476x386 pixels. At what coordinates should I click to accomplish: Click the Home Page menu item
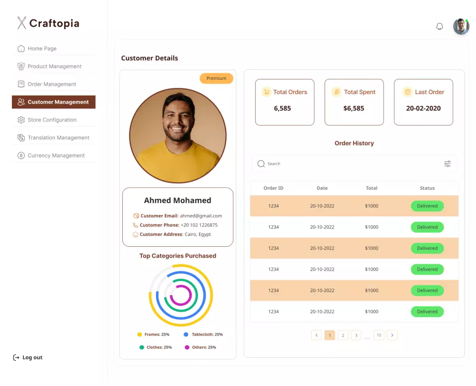tap(42, 48)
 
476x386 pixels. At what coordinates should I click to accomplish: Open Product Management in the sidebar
tap(54, 67)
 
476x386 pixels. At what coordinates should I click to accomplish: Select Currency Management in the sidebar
tap(56, 155)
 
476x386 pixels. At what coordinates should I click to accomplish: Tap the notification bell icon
tap(439, 27)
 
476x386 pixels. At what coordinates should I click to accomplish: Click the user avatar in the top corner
tap(461, 27)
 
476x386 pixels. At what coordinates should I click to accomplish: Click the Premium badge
tap(216, 78)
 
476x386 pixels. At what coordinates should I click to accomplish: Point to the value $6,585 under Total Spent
tap(354, 108)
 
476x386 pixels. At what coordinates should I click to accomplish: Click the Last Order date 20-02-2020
tap(423, 108)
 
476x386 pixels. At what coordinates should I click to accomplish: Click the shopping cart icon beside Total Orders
tap(266, 92)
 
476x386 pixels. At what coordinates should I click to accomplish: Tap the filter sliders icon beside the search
tap(447, 164)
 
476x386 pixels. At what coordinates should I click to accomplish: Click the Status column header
tap(427, 188)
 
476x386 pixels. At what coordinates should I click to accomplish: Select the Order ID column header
tap(273, 188)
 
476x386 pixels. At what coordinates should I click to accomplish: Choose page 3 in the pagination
tap(356, 335)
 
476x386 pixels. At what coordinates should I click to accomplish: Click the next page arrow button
tap(392, 335)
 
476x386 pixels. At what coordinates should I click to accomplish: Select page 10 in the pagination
tap(379, 335)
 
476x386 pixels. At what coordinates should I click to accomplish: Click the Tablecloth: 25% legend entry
tap(203, 335)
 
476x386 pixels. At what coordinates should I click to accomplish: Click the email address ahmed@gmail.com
tap(200, 216)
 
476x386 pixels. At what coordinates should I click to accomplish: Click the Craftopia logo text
tap(54, 23)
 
